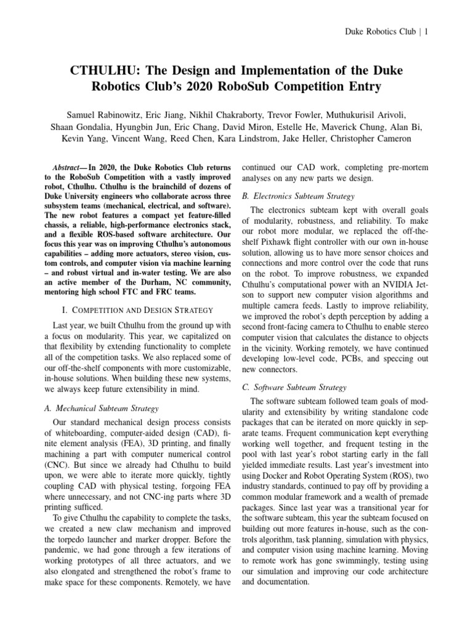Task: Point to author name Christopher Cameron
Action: tap(378, 139)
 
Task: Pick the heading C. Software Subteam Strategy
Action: tap(295, 387)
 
